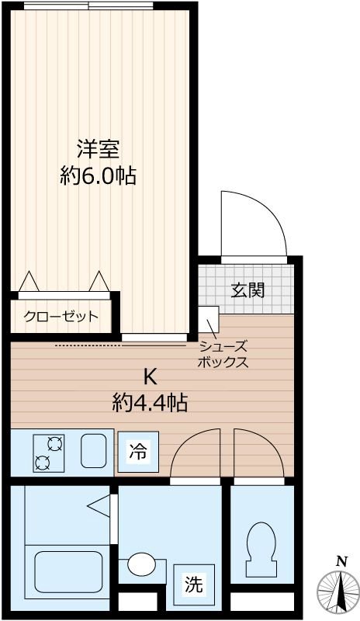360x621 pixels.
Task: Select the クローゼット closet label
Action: pos(61,316)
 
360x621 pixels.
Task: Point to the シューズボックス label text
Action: pos(223,354)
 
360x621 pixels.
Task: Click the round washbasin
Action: pos(141,564)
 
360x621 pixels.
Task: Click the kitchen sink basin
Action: pos(93,451)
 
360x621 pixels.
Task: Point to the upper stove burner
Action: pos(55,443)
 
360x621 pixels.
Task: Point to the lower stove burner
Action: pos(41,463)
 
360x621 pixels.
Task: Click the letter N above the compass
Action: pos(341,561)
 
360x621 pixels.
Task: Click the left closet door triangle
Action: pos(29,281)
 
